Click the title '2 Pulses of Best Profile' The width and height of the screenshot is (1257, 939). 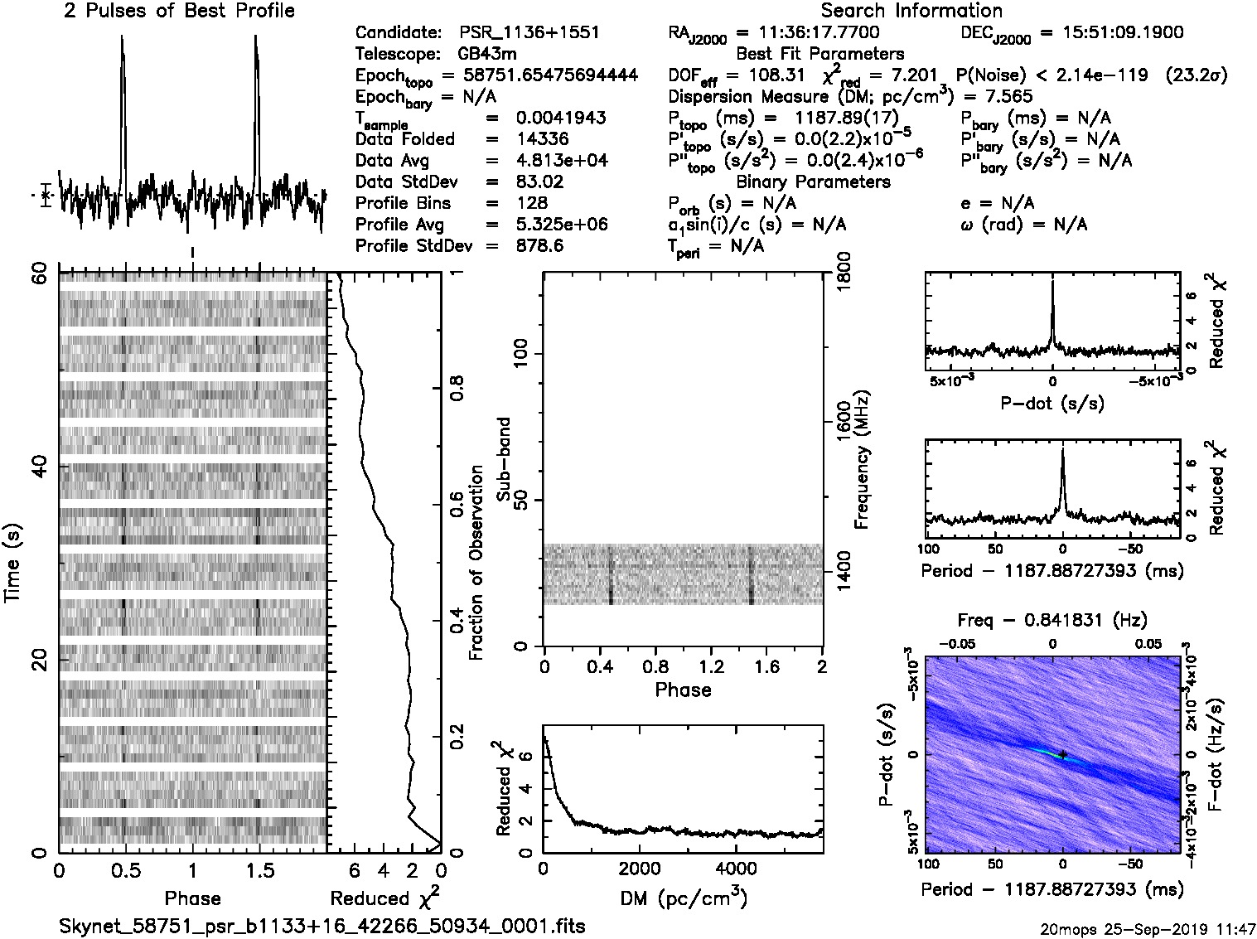click(x=179, y=11)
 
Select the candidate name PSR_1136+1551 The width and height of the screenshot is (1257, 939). click(x=529, y=33)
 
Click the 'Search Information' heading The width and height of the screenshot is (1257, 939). click(x=911, y=11)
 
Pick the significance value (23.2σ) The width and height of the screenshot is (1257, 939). click(x=1196, y=75)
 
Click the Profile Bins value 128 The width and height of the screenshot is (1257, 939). click(x=531, y=204)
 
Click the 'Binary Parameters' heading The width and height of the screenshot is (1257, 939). click(x=813, y=182)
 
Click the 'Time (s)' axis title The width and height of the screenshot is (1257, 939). click(x=14, y=563)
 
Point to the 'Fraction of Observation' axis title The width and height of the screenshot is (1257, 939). click(x=476, y=563)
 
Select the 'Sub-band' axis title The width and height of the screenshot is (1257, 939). click(x=504, y=459)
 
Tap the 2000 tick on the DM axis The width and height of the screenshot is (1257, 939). click(x=639, y=869)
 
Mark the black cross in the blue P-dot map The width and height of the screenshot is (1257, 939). click(x=1062, y=754)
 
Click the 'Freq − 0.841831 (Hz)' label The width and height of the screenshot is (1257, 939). click(x=1052, y=620)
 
